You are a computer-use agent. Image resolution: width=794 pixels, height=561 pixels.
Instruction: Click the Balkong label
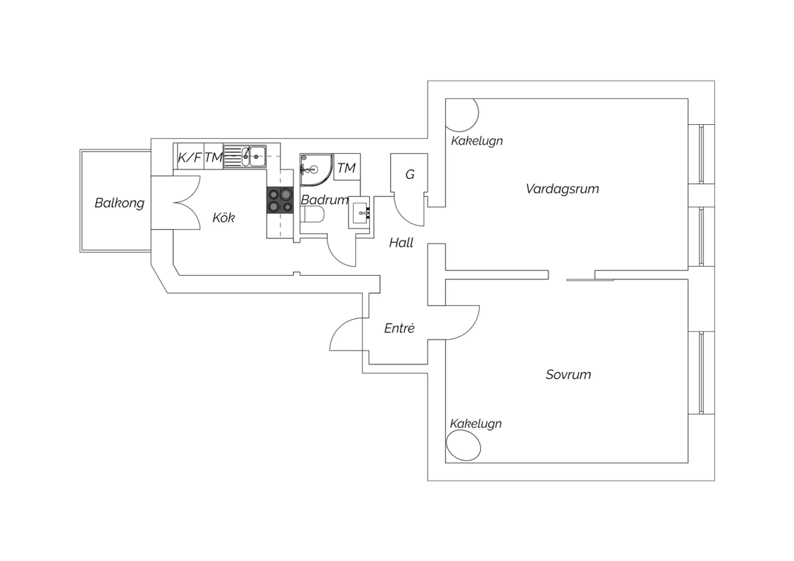point(120,203)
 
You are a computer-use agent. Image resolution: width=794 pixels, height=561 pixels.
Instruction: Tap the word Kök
point(223,217)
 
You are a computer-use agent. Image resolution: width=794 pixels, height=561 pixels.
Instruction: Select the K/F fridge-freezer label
point(190,157)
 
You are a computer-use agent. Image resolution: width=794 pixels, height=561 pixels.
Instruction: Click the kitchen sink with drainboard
point(245,156)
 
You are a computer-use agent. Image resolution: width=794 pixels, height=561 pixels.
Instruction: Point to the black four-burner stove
point(280,200)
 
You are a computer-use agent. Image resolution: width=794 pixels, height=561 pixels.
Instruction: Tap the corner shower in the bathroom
point(316,170)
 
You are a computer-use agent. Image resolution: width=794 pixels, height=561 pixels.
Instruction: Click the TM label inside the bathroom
point(346,168)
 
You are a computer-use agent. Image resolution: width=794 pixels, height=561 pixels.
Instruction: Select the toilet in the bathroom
point(312,215)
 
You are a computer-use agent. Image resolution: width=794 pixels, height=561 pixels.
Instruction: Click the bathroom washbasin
point(359,212)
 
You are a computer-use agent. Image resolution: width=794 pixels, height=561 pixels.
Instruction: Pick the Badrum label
point(324,200)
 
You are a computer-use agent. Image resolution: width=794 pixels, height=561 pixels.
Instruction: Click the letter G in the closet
point(410,174)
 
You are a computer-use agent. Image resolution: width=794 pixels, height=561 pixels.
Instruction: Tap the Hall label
point(401,243)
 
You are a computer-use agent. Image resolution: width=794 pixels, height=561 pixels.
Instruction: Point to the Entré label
point(400,328)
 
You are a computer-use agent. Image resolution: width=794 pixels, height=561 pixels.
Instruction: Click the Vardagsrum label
point(563,189)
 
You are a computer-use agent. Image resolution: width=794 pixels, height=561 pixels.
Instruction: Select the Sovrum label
point(568,375)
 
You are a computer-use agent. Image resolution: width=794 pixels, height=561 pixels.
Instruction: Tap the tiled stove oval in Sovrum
point(464,446)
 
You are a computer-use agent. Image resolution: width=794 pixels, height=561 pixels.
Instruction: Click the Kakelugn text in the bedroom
point(476,424)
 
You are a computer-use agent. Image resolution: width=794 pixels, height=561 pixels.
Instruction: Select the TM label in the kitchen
point(214,157)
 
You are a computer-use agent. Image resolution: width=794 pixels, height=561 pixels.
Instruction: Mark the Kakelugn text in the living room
point(477,141)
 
